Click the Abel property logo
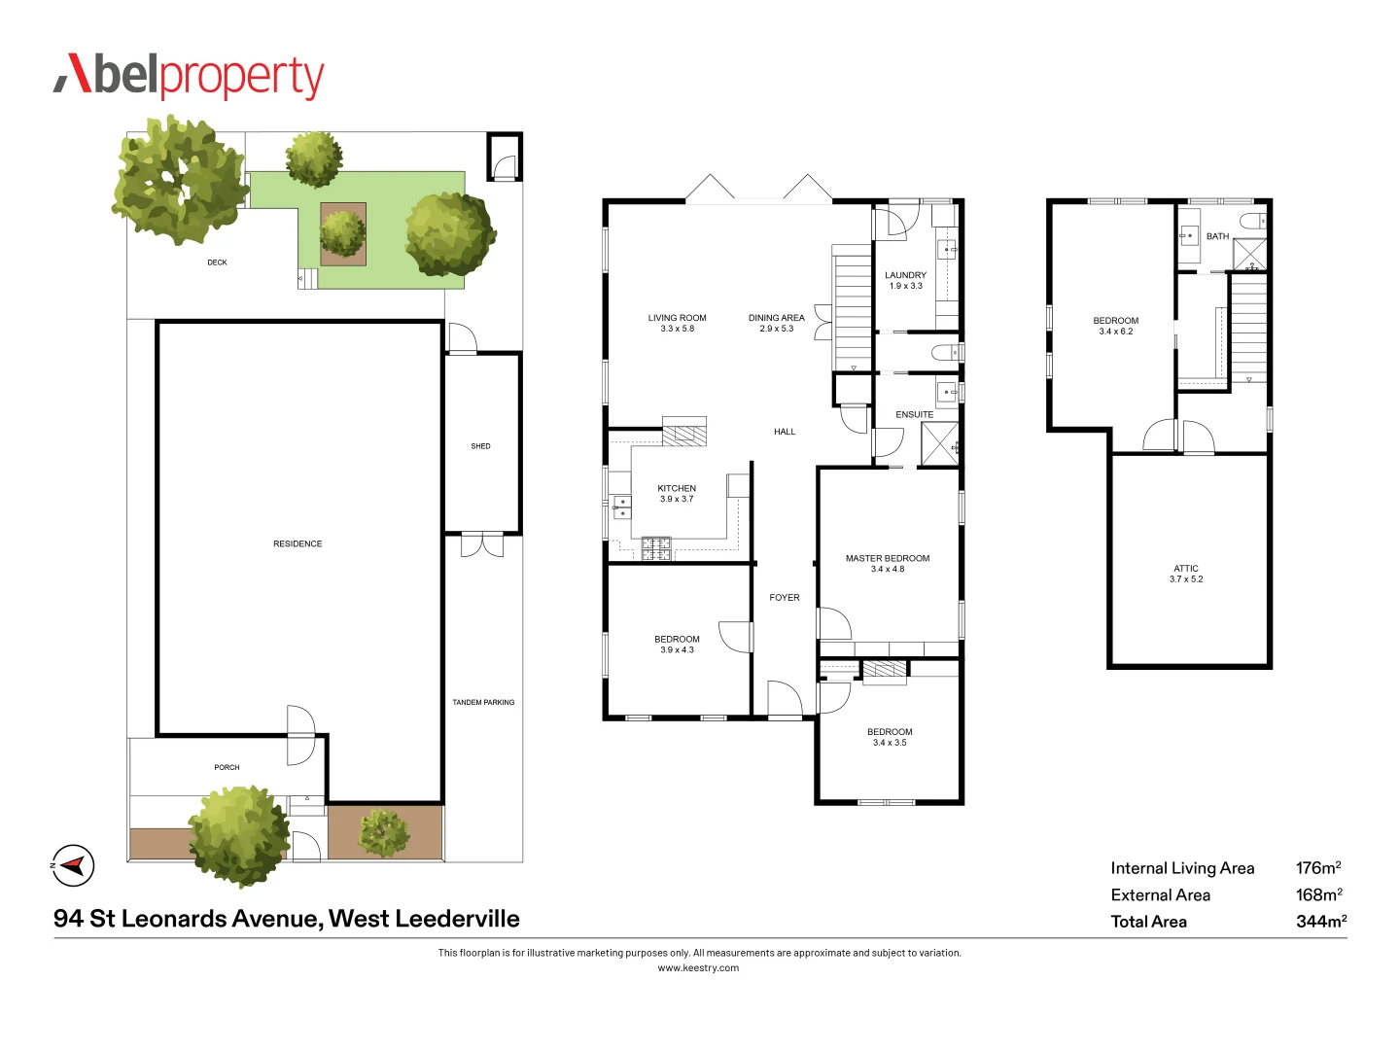pos(189,76)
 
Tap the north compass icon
pos(73,864)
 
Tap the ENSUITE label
pos(914,414)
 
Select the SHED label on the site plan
pos(480,446)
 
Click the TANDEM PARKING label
pos(483,702)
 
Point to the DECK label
pos(217,262)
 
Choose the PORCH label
pos(227,767)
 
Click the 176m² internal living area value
pos(1317,867)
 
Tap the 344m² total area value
pos(1320,921)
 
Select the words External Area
pos(1160,894)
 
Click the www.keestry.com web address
pos(698,967)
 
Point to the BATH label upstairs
pos(1217,236)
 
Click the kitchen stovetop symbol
pos(655,548)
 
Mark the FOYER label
pos(784,597)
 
